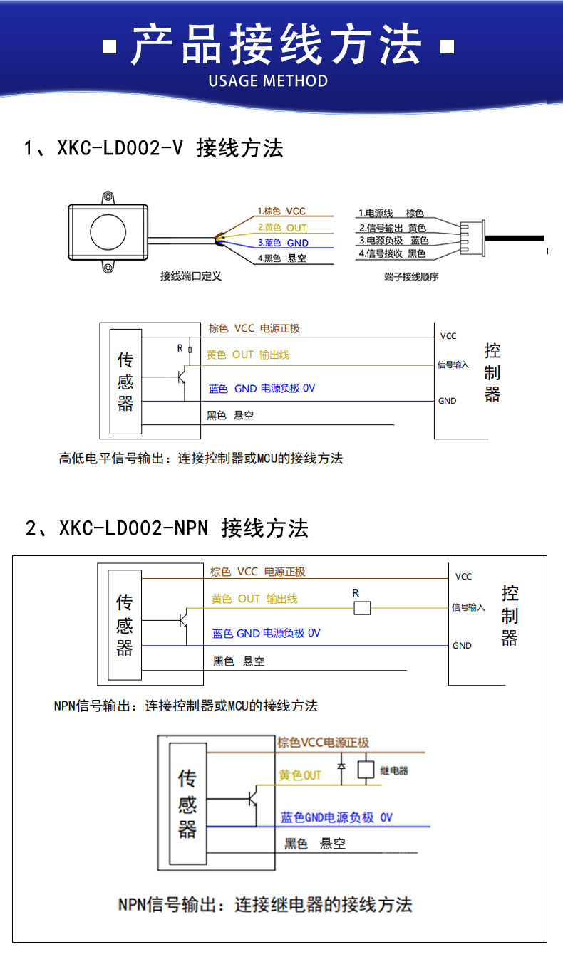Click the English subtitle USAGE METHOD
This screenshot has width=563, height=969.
pos(268,80)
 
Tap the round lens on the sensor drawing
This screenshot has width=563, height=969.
pos(108,231)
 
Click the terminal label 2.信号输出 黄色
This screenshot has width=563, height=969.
pos(392,228)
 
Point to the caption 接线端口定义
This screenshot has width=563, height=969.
pos(191,276)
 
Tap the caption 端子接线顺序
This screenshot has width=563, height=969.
pos(411,276)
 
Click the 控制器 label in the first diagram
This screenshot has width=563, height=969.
pos(492,372)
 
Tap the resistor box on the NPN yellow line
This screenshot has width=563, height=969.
pos(362,608)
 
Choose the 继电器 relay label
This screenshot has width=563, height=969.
pos(394,770)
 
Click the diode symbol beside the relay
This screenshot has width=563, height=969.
pos(341,768)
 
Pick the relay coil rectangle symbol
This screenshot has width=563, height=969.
pos(366,770)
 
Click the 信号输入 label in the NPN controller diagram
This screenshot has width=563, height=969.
pos(468,608)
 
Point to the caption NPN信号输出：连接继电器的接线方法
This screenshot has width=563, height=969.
pos(265,905)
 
